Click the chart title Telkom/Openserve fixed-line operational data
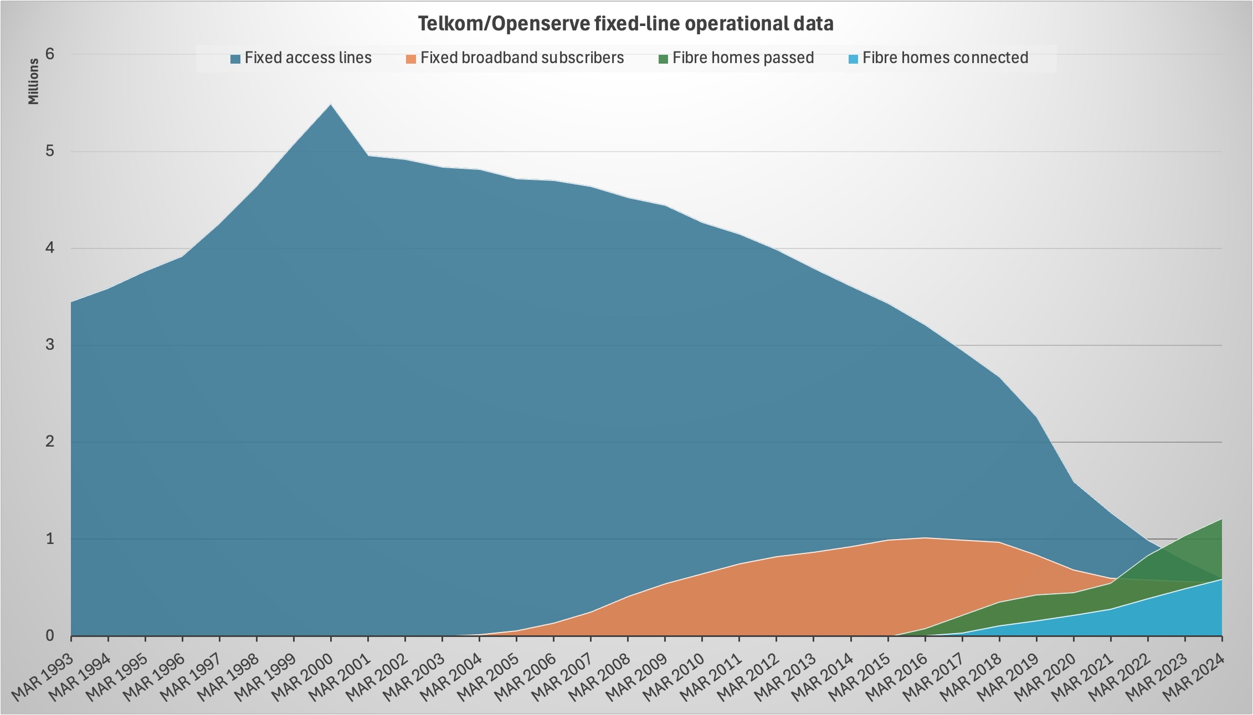coord(625,24)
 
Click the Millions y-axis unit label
coord(34,81)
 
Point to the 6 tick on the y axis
coord(50,54)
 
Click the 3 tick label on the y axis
coord(50,345)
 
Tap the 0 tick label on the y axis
coord(50,636)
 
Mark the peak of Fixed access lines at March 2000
coord(331,105)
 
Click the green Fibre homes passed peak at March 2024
coord(1221,520)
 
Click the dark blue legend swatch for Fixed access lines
coord(235,59)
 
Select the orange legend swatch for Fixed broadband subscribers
coord(411,59)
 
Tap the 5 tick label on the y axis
coord(50,151)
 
